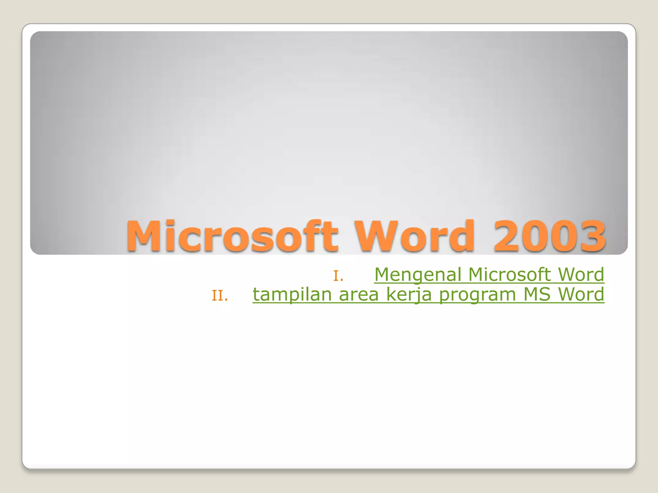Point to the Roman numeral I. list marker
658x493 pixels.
(x=338, y=276)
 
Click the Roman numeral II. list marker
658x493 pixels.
(x=220, y=296)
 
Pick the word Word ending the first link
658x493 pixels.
(x=581, y=275)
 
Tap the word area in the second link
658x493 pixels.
(x=359, y=295)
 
